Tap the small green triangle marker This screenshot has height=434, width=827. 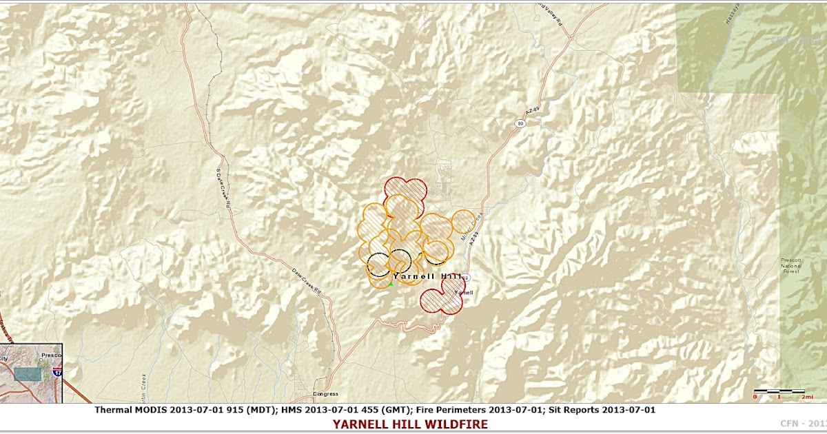(x=391, y=283)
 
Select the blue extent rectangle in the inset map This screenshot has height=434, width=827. (x=28, y=373)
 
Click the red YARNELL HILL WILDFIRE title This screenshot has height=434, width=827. (x=410, y=424)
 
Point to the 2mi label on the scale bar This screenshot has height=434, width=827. (x=808, y=397)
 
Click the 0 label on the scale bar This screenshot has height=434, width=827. (x=756, y=397)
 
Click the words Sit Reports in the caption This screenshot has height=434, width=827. (x=583, y=410)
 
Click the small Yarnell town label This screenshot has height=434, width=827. (x=464, y=293)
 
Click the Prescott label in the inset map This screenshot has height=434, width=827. (x=51, y=355)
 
